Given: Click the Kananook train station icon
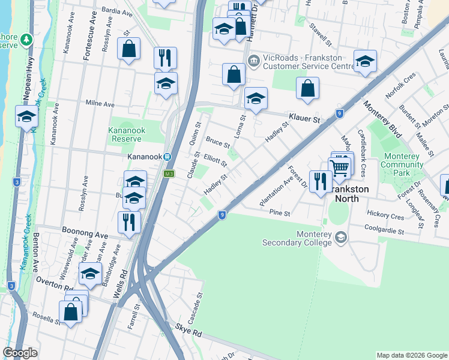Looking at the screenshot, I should click(169, 157).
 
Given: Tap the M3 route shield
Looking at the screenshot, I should click(169, 174).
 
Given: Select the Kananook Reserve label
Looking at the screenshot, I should click(127, 134).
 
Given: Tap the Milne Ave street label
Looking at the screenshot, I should click(100, 104).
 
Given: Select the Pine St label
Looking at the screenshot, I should click(280, 213).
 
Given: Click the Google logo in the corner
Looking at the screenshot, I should click(20, 353).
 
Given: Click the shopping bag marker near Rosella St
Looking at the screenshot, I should click(70, 312).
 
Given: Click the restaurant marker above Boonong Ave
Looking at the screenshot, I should click(129, 222).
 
